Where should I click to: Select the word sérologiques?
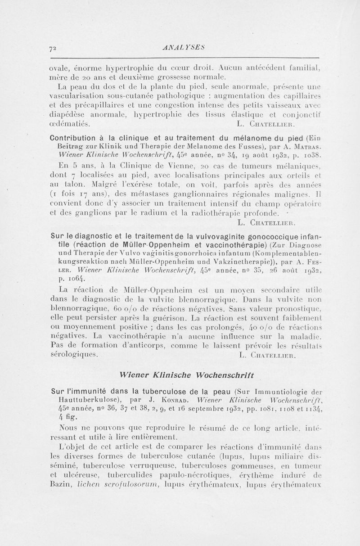72,354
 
